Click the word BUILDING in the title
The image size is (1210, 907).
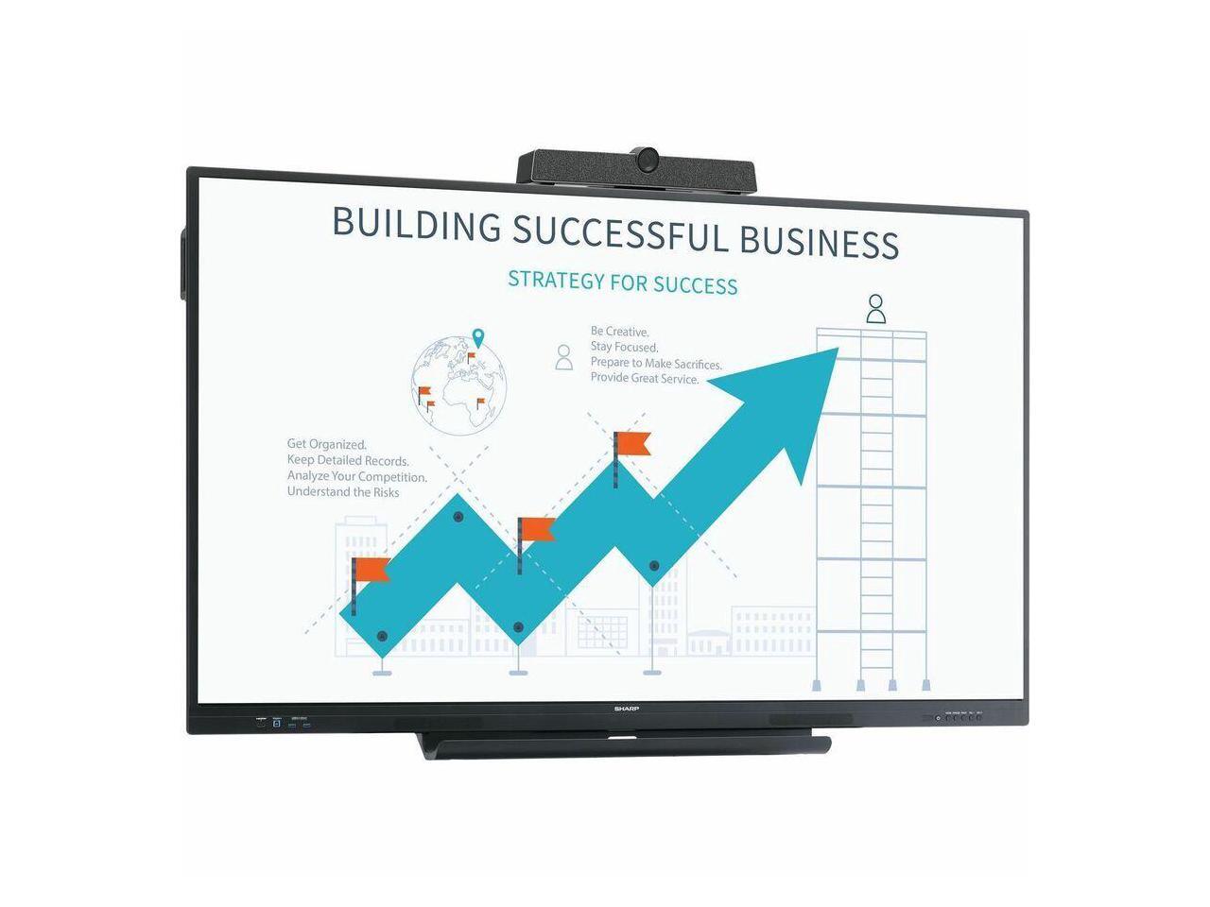click(416, 224)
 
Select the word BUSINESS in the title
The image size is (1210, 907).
click(819, 241)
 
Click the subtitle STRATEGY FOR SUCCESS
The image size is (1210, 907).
click(622, 282)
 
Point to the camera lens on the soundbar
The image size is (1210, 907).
click(648, 160)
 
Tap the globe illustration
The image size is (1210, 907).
click(459, 385)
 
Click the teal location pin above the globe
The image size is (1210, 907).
click(478, 337)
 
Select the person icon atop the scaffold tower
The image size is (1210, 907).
click(876, 308)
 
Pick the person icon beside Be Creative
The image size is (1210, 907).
click(564, 356)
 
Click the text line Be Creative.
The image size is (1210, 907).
click(619, 332)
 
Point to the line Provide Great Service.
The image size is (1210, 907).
click(645, 379)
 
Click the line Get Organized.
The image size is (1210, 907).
click(327, 444)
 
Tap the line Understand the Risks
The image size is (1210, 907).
click(343, 492)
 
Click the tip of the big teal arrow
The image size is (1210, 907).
click(834, 351)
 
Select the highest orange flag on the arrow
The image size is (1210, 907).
click(631, 443)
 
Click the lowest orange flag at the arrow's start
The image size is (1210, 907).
click(372, 570)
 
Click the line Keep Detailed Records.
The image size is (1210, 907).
click(348, 460)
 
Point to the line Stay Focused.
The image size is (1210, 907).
click(624, 348)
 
